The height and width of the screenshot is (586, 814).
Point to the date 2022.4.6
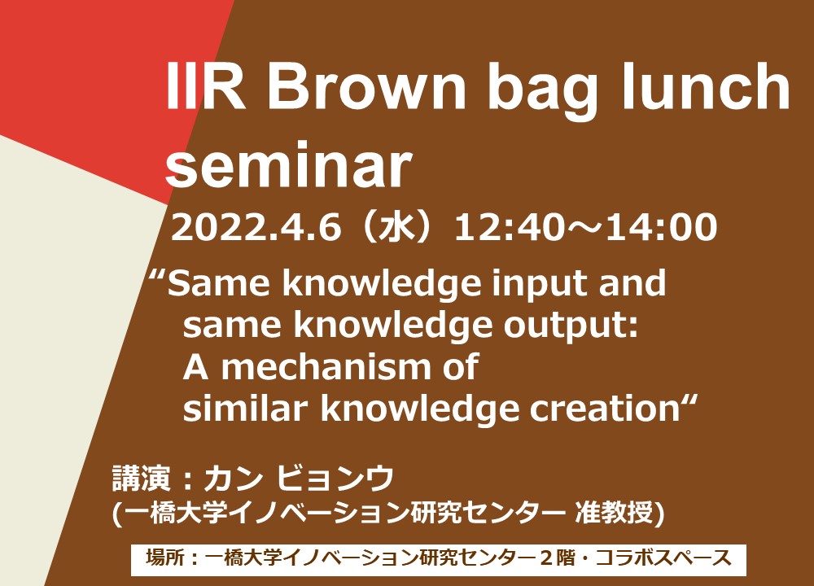coord(256,227)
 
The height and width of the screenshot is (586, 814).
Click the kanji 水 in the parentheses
coord(398,227)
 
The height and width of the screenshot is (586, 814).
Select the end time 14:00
coord(661,227)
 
